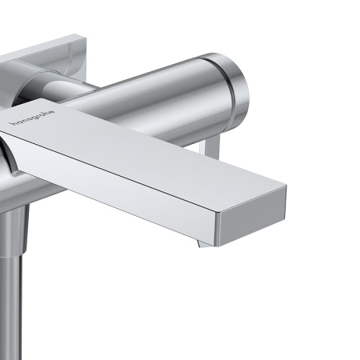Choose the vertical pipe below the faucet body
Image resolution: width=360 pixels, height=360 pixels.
click(10, 296)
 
